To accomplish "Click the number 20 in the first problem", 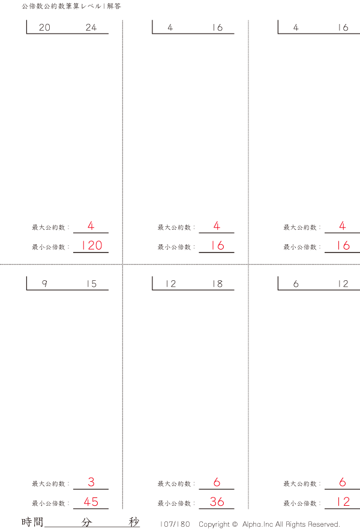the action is coord(44,27).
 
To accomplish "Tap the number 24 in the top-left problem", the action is coord(91,27).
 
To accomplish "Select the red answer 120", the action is coord(91,245).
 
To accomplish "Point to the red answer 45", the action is coord(91,502).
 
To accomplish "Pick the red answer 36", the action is coord(217,502).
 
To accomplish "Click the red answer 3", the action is coord(91,482).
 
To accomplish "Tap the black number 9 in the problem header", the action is coord(44,283).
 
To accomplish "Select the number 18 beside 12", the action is coord(217,283).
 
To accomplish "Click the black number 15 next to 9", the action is coord(91,283).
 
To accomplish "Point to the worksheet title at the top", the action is coord(71,6).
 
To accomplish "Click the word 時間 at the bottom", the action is coord(32,522).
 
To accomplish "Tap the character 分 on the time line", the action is coord(86,522).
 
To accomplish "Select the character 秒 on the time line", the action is coord(134,522).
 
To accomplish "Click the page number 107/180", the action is coord(175,524).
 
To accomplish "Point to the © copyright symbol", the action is coord(235,524).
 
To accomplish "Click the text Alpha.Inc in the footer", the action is coord(257,524).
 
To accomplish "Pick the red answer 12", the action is coord(343,502).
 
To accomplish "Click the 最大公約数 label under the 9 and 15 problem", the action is coord(49,484).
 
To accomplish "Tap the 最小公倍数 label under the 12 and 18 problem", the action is coord(174,503).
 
